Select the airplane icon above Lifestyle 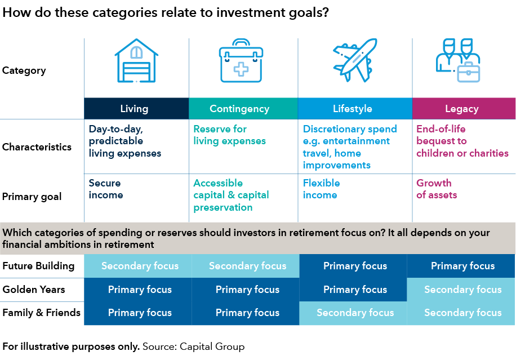pos(355,60)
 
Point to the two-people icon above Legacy pos(458,60)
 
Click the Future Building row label pos(38,266)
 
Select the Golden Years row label pos(34,290)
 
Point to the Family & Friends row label pos(42,313)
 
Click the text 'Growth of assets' pos(437,189)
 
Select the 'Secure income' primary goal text pos(106,189)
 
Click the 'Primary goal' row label pos(32,197)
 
